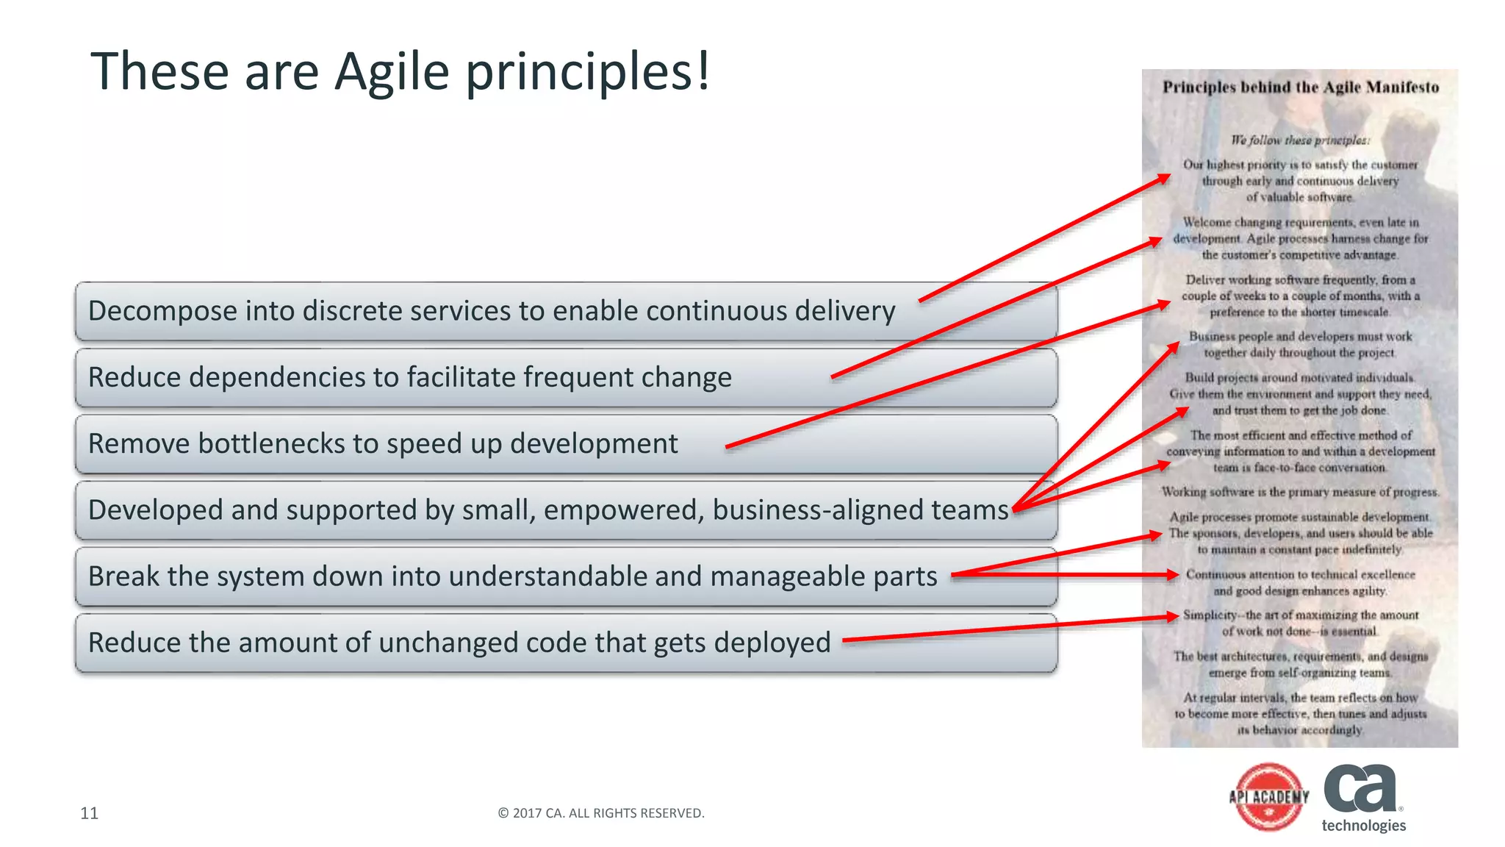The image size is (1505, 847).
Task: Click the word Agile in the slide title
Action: (392, 72)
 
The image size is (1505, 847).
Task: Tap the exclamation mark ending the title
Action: (703, 72)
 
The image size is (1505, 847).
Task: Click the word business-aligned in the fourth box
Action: (819, 510)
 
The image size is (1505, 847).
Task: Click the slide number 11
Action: (89, 812)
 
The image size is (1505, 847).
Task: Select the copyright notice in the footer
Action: (601, 812)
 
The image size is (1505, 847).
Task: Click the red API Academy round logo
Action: (1269, 797)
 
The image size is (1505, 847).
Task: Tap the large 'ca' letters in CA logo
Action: (1360, 788)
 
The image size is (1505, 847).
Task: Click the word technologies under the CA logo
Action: (1363, 826)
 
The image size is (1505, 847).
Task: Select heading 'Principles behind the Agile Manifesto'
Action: (1300, 87)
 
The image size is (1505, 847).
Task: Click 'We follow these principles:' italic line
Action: (1300, 140)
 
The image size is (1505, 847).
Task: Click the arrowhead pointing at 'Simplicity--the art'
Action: (1174, 616)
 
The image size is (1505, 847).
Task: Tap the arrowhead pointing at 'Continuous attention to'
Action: (1174, 575)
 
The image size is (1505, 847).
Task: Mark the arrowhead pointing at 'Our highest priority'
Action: (1165, 177)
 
